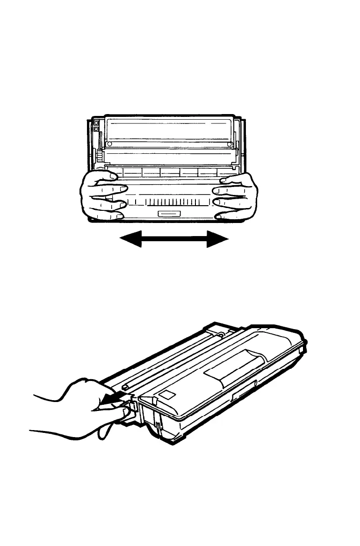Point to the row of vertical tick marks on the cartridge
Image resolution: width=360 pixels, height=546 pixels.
coord(169,202)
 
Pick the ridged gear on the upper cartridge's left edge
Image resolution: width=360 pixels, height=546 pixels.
coord(99,157)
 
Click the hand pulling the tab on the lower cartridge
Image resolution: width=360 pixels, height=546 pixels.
coord(79,407)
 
